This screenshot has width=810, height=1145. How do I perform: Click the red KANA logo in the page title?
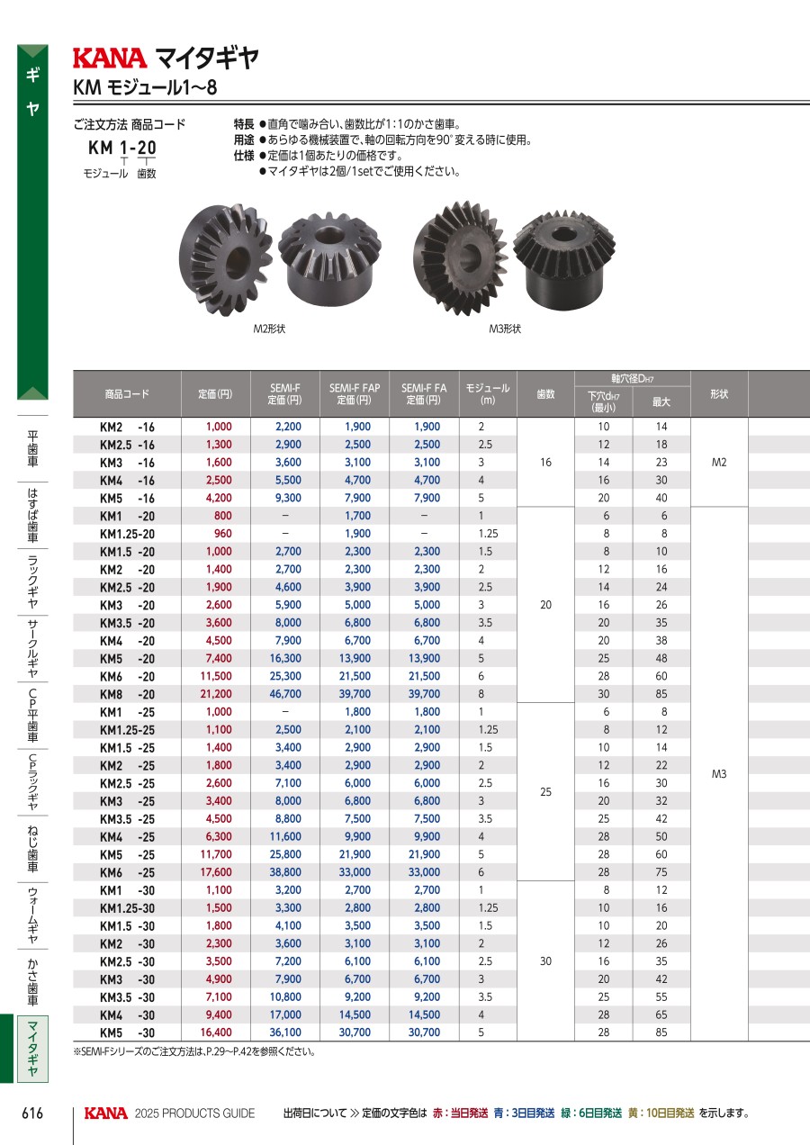coord(110,59)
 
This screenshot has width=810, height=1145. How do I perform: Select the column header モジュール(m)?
coord(488,394)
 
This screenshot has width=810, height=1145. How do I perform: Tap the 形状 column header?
coord(719,394)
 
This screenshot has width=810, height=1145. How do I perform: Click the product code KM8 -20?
coord(127,694)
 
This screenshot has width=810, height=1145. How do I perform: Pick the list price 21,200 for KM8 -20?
coord(216,694)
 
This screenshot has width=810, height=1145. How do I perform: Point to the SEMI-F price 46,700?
coord(285,694)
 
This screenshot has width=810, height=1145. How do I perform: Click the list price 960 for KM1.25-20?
coord(223,534)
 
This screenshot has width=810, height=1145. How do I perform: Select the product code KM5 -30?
coord(127,1033)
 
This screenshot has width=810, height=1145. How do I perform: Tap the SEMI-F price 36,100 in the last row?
coord(285,1032)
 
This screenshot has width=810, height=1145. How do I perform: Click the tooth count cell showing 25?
coord(545,792)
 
